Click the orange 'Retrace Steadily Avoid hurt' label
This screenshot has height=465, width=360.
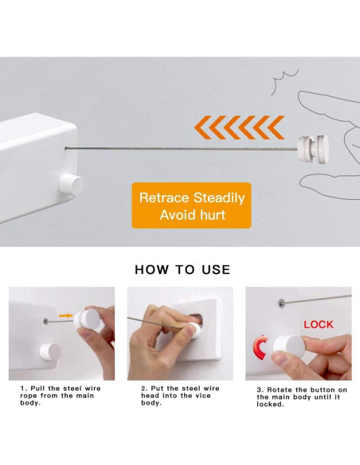(x=192, y=205)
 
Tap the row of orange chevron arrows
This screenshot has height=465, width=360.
(x=239, y=127)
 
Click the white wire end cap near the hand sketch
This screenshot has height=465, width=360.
(x=313, y=148)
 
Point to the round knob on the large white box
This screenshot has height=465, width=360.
(x=71, y=185)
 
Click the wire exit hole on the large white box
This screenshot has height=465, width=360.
(x=65, y=147)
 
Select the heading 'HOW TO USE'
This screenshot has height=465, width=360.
(x=182, y=270)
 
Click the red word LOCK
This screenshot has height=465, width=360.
(x=319, y=324)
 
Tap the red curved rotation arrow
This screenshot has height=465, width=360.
(x=258, y=348)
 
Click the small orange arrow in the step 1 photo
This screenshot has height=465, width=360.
(x=66, y=315)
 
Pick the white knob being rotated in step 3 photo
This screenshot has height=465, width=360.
(x=289, y=346)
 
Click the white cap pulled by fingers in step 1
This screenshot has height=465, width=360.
(x=87, y=318)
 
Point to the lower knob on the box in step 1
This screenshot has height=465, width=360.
(x=50, y=352)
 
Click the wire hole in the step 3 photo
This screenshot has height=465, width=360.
(x=281, y=303)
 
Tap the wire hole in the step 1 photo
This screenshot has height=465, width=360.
(x=45, y=321)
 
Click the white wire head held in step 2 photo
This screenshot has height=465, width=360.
(x=194, y=330)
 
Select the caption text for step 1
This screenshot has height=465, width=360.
(x=61, y=396)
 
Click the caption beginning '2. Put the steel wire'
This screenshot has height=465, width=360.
(x=180, y=396)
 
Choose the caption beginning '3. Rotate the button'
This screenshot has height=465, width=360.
(x=302, y=397)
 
